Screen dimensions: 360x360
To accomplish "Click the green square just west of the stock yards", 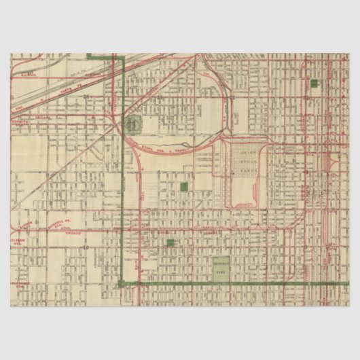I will click(183, 186).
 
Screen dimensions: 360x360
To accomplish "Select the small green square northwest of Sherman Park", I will click(170, 242).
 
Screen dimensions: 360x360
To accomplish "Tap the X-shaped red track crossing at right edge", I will click(334, 163).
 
